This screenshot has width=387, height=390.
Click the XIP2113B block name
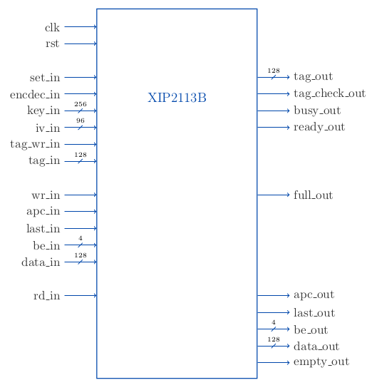[x=177, y=98]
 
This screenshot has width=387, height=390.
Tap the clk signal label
[x=52, y=28]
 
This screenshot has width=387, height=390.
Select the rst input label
[x=53, y=43]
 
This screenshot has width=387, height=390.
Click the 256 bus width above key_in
[x=81, y=104]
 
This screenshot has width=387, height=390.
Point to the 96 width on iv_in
[x=81, y=120]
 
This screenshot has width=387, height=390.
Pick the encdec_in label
[x=35, y=95]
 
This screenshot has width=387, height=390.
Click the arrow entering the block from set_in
[x=81, y=77]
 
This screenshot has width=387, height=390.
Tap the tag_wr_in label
[x=35, y=144]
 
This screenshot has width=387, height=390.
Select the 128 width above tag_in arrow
[x=81, y=155]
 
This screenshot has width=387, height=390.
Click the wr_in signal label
[x=46, y=195]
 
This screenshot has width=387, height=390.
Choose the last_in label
[x=43, y=228]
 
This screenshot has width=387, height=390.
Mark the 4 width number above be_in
[x=81, y=238]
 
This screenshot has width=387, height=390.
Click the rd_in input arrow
[x=81, y=295]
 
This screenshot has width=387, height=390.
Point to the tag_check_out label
[x=329, y=94]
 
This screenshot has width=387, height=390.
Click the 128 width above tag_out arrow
[x=274, y=71]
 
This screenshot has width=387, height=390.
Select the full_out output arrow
[x=274, y=195]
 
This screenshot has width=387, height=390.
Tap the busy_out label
[x=317, y=111]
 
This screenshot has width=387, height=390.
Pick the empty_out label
[x=321, y=362]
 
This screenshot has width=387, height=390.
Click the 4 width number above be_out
[x=274, y=322]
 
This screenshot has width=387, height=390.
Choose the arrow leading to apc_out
[x=274, y=295]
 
